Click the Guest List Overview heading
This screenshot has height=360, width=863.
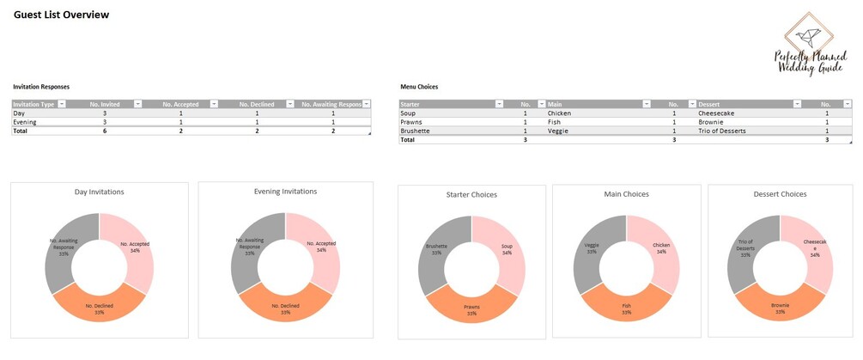61,15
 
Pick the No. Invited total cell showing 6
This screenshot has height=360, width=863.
105,131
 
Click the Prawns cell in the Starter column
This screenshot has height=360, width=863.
412,122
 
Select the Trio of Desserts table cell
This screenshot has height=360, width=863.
722,131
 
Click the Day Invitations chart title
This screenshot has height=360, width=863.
99,192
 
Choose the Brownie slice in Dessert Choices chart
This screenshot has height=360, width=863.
780,308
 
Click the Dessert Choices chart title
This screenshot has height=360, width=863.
779,194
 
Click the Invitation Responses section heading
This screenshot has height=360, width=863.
41,87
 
